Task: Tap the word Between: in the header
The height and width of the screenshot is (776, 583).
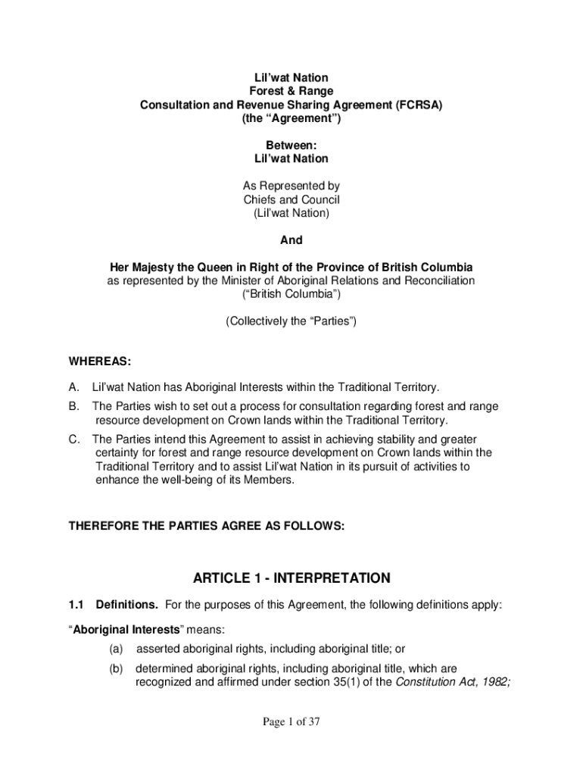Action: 291,145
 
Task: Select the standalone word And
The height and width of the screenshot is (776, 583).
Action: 291,240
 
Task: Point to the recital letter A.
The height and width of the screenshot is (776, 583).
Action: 73,386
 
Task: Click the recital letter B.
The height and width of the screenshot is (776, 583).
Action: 73,407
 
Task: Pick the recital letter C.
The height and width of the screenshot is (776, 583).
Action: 73,440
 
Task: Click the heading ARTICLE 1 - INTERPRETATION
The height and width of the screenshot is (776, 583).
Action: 291,579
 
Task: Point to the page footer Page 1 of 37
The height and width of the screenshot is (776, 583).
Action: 291,722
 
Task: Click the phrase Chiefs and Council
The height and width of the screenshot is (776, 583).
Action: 291,200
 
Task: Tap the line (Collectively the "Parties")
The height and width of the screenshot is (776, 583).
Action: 291,321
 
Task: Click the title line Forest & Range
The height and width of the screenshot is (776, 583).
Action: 291,92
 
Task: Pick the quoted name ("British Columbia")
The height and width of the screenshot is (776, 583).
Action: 291,295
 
